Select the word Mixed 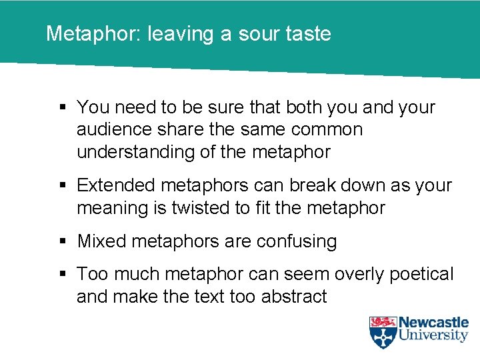click(x=101, y=241)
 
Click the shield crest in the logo click(x=383, y=332)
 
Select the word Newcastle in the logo click(x=434, y=323)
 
